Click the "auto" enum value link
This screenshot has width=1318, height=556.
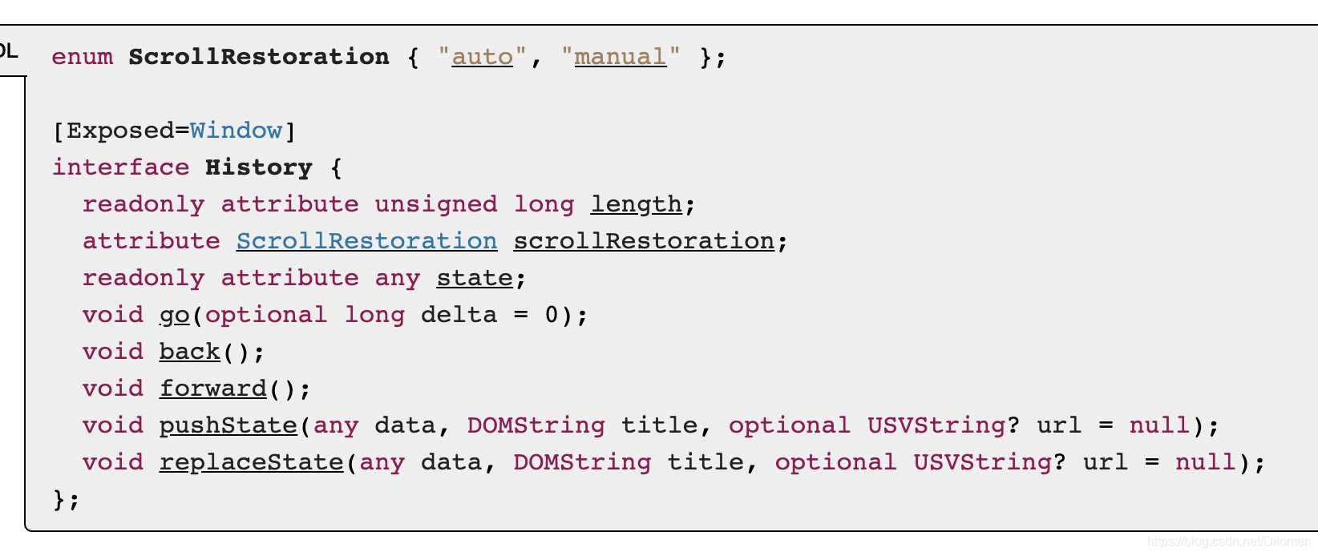(x=482, y=57)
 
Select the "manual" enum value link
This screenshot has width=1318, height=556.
(x=620, y=57)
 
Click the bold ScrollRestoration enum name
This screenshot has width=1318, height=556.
(x=258, y=57)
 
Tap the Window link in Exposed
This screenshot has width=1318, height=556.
(x=236, y=131)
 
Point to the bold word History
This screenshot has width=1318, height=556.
(x=258, y=167)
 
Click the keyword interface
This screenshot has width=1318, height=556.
(x=121, y=167)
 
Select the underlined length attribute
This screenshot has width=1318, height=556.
(x=636, y=204)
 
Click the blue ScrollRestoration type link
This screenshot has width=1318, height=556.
(x=366, y=241)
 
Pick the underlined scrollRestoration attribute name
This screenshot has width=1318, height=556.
(x=644, y=241)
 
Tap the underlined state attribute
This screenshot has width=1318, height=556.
(x=475, y=278)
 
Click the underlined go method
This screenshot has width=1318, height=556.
(x=174, y=315)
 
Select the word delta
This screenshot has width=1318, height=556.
(x=459, y=315)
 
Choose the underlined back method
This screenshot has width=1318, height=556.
(x=189, y=352)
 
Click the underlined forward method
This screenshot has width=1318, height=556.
(x=212, y=389)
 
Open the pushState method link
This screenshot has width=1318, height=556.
(x=228, y=425)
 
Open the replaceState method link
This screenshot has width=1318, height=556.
(x=251, y=462)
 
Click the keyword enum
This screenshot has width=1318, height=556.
(x=82, y=57)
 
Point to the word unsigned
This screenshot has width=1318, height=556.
(x=435, y=204)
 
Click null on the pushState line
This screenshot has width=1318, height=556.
(x=1159, y=425)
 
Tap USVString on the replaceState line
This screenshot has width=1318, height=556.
(x=982, y=462)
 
